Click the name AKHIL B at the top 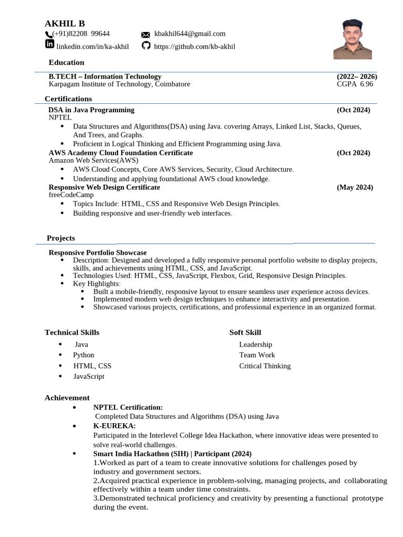(x=65, y=24)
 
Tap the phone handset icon (x=48, y=35)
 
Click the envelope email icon (x=146, y=35)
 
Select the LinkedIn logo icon (x=50, y=46)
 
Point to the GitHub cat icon (x=146, y=46)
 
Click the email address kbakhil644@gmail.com (x=189, y=34)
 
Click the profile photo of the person (x=353, y=39)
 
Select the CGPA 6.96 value (x=355, y=84)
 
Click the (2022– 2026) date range (x=357, y=77)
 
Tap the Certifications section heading (x=68, y=99)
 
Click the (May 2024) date (x=355, y=187)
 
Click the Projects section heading (x=61, y=238)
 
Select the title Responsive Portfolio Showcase (x=98, y=253)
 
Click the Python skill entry (x=83, y=355)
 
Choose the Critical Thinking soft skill (x=264, y=366)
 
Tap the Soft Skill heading (x=245, y=332)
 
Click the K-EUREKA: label (x=114, y=426)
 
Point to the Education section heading (x=67, y=62)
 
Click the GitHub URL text (x=194, y=47)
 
